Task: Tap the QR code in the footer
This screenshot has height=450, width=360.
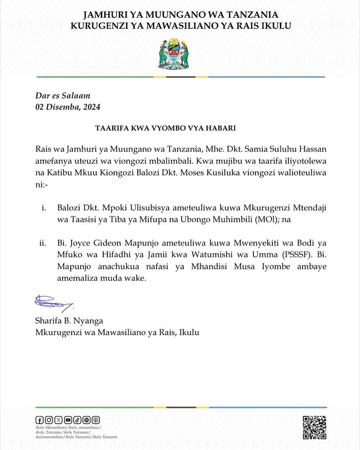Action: point(314,427)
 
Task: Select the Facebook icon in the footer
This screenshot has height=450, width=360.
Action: point(40,420)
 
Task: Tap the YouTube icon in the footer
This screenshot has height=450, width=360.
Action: point(68,420)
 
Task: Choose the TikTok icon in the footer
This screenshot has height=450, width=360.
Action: point(77,420)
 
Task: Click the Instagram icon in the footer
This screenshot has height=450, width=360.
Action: point(49,420)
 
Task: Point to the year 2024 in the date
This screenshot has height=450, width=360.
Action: point(92,107)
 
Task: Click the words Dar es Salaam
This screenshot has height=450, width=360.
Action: point(63,96)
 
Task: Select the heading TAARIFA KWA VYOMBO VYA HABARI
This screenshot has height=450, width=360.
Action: point(165,128)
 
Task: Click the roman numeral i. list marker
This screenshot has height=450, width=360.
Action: point(44,208)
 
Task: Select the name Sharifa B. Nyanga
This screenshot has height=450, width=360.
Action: point(69,321)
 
